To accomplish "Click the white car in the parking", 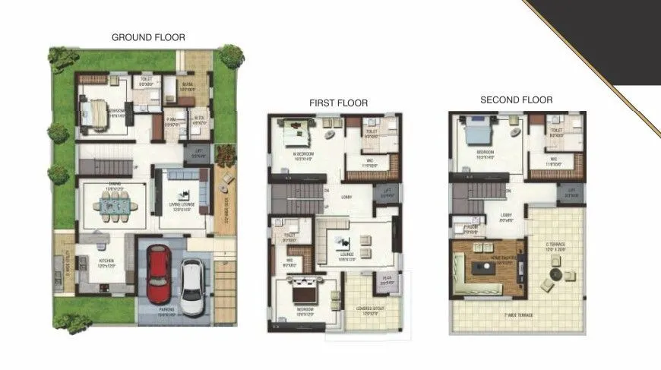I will [192, 286].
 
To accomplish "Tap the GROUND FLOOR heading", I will [148, 37].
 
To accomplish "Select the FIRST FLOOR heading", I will [338, 103].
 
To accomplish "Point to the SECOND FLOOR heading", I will [516, 100].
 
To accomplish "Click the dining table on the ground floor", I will [115, 204].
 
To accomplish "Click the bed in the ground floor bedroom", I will [96, 113].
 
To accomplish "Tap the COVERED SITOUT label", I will [363, 310].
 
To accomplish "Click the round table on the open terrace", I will [555, 273].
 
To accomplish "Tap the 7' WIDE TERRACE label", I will [517, 314].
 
